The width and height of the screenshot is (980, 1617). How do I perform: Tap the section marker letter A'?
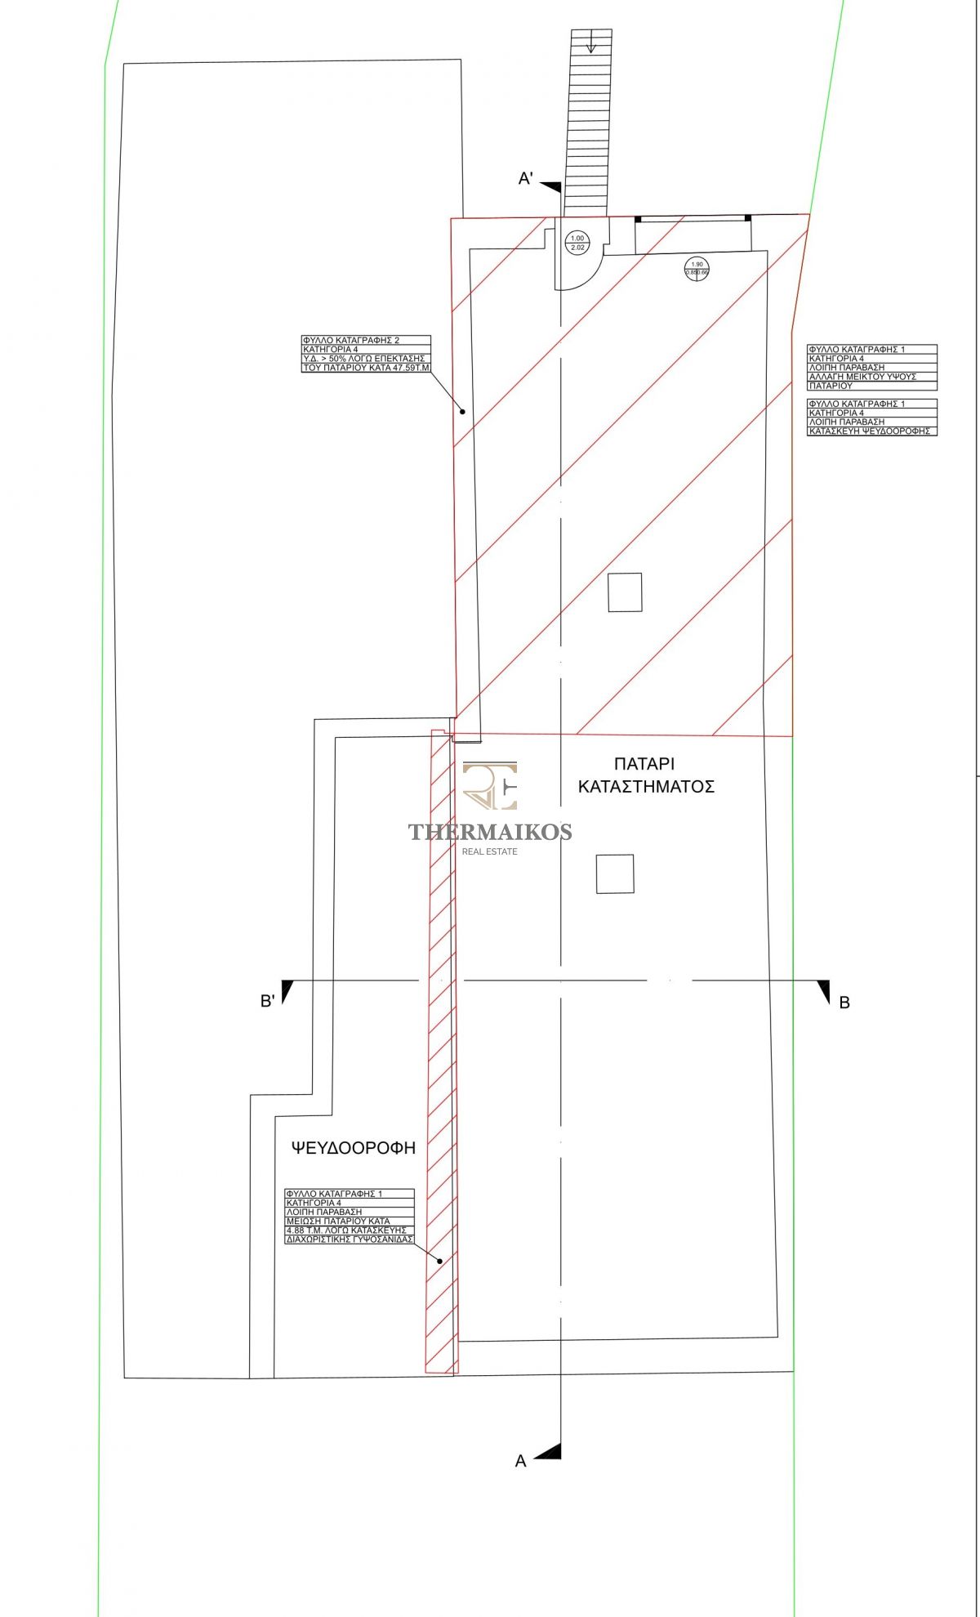click(526, 179)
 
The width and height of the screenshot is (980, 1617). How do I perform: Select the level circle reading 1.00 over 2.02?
click(577, 243)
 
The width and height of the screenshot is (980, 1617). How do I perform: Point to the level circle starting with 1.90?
click(697, 268)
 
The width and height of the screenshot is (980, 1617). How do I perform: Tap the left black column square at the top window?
click(638, 219)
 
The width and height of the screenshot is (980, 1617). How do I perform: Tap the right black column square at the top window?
click(747, 218)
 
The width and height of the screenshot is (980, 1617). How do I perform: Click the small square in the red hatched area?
click(625, 592)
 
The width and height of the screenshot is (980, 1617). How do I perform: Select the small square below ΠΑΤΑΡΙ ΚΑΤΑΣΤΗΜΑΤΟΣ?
click(615, 873)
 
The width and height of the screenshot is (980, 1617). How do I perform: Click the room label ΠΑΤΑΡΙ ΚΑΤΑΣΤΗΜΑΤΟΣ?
click(646, 775)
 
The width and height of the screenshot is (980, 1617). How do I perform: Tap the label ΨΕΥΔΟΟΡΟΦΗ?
click(354, 1148)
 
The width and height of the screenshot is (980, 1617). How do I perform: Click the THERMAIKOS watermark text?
click(490, 832)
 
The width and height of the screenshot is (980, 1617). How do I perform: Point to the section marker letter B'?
click(267, 1001)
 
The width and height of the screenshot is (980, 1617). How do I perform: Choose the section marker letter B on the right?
click(844, 1003)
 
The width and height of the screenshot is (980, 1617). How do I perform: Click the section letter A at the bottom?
click(521, 1461)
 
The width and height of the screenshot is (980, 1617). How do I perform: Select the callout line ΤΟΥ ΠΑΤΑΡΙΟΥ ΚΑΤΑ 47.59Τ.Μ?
click(366, 368)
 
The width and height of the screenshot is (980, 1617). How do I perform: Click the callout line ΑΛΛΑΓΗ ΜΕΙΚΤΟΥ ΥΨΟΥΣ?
click(862, 377)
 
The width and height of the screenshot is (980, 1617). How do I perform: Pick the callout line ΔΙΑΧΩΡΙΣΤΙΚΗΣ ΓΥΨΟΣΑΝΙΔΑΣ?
click(350, 1240)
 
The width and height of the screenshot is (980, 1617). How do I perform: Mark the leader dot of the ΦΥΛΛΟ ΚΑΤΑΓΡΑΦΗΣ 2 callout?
click(463, 412)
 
